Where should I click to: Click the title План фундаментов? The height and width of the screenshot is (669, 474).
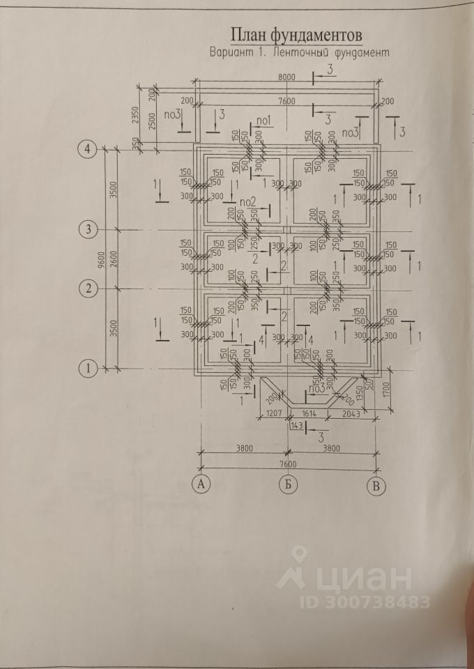coord(296,36)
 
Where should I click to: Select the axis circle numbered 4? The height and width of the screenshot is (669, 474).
coord(88,148)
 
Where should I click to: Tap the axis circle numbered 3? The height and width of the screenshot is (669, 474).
coord(88,229)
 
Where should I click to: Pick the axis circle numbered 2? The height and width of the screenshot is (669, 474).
coord(88,288)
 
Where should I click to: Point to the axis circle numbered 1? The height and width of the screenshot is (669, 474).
coord(88,368)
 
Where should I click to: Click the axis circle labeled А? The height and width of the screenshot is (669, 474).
coord(201,485)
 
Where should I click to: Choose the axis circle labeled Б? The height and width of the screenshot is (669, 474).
coord(286,485)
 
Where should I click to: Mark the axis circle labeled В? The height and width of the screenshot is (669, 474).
coord(376,486)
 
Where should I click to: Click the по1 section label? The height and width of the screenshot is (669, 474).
coord(264,122)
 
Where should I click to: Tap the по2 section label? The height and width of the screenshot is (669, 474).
coord(248,202)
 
